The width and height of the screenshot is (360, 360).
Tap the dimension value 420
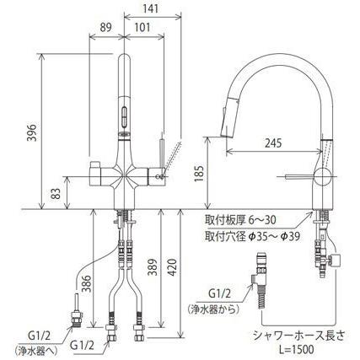[x=171, y=267]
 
